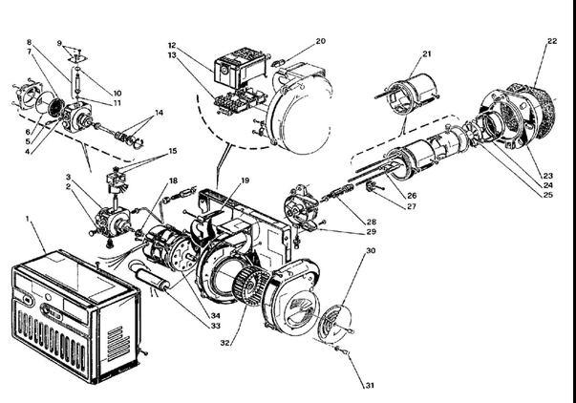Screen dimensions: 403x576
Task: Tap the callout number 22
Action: pos(552,41)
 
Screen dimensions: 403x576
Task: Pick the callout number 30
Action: pos(370,251)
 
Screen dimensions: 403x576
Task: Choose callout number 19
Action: pos(245,179)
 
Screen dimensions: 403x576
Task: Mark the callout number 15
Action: pos(172,151)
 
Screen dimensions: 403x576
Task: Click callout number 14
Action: pos(159,113)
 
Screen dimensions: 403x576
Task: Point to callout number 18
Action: pos(173,180)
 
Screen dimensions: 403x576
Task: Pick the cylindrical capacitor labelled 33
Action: pos(157,282)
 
